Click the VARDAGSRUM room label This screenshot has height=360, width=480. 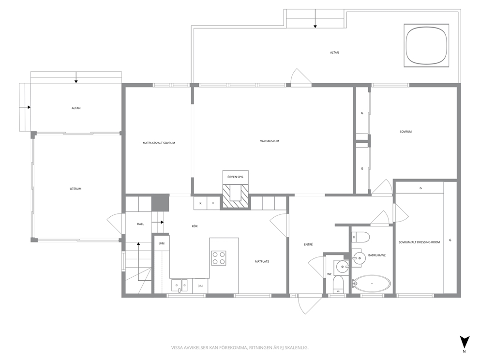[270, 141]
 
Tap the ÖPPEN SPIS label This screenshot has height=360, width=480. [235, 177]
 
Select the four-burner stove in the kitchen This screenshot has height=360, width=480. [219, 257]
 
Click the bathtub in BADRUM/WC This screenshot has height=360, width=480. [371, 284]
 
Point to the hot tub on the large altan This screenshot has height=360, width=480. [426, 45]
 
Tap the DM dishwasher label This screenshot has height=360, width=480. [200, 286]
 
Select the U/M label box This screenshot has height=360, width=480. [162, 243]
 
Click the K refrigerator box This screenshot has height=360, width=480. [200, 203]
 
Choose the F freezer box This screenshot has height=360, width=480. [213, 203]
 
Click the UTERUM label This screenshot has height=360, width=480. [75, 189]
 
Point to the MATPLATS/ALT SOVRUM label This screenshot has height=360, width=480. [159, 143]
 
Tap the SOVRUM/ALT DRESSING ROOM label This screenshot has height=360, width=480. [419, 242]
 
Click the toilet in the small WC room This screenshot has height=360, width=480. [338, 284]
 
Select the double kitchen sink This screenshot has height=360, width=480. [180, 285]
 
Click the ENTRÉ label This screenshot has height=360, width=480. [308, 244]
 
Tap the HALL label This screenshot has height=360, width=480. [140, 224]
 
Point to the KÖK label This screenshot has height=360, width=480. [195, 226]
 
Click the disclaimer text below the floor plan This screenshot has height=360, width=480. [240, 348]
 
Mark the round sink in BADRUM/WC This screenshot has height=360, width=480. [359, 257]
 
